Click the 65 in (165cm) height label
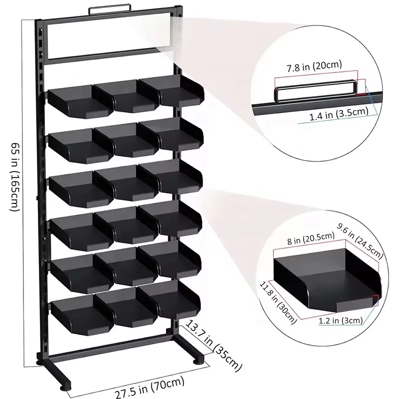pyautogui.click(x=16, y=177)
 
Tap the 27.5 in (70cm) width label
pyautogui.click(x=150, y=388)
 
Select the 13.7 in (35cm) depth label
pyautogui.click(x=213, y=345)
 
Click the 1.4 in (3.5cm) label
pyautogui.click(x=339, y=114)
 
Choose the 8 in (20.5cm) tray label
pyautogui.click(x=311, y=238)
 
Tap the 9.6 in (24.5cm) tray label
pyautogui.click(x=360, y=240)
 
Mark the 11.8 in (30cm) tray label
pyautogui.click(x=278, y=302)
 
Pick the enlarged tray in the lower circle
pyautogui.click(x=327, y=280)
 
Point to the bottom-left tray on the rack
pyautogui.click(x=82, y=314)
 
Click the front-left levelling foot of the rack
pyautogui.click(x=66, y=387)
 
